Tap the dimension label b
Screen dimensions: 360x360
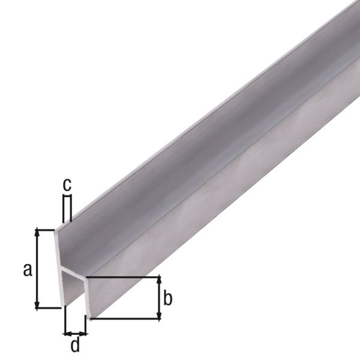169,298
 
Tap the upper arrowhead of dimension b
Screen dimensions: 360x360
159,280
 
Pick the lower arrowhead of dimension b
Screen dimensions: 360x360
159,316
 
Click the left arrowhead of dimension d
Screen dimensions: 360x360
67,333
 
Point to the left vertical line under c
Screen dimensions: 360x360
62,207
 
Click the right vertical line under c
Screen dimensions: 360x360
71,207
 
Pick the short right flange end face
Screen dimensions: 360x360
87,297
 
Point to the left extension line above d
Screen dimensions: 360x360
64,321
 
